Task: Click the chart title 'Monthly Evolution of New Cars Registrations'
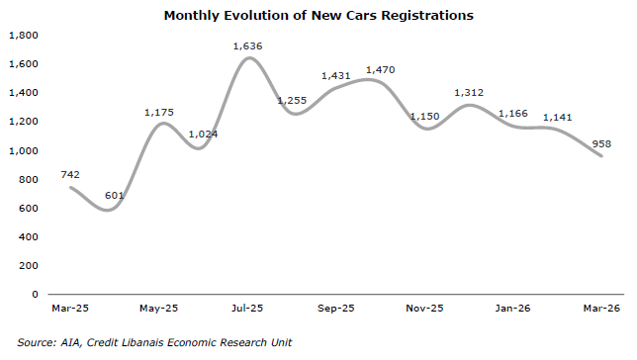[318, 16]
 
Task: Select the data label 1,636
[247, 46]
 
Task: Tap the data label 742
[70, 175]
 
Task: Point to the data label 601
[114, 196]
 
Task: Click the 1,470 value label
[380, 70]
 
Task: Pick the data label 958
[601, 143]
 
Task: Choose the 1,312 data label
[469, 93]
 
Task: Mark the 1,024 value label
[203, 135]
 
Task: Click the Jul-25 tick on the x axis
[247, 309]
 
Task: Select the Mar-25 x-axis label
[70, 309]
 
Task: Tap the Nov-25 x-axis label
[424, 309]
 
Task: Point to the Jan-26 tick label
[512, 309]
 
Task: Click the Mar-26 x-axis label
[601, 309]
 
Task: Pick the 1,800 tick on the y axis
[24, 36]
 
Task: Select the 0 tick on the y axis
[35, 294]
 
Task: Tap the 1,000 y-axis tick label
[24, 150]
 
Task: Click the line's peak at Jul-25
[249, 58]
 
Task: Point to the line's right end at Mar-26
[601, 155]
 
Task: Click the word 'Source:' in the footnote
[37, 342]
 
